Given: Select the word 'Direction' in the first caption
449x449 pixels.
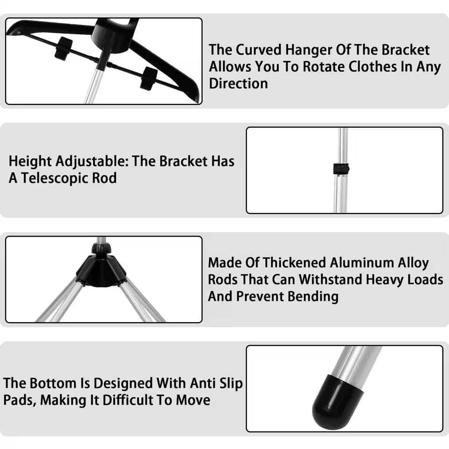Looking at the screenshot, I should (x=239, y=84).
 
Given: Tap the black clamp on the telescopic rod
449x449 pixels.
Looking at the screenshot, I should (x=341, y=168).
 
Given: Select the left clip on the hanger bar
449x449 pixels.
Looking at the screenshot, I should (x=64, y=48).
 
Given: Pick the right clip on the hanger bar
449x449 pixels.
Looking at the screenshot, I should (x=149, y=78).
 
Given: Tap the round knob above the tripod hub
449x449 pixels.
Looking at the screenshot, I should (x=101, y=248).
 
